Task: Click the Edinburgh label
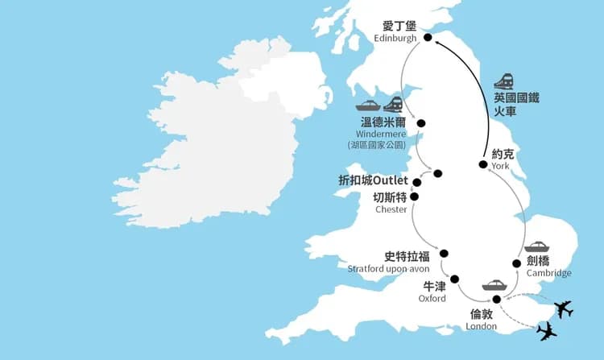click(395, 39)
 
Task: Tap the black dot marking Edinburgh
click(428, 37)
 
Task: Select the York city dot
click(482, 165)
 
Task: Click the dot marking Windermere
click(420, 123)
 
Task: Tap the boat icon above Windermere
click(368, 106)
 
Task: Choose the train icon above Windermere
click(393, 105)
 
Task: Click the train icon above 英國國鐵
click(505, 80)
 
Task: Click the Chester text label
click(391, 209)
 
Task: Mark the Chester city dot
click(415, 196)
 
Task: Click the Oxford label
click(432, 298)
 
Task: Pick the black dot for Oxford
click(455, 279)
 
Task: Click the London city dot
click(496, 300)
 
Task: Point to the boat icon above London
click(494, 285)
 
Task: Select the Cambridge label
click(549, 273)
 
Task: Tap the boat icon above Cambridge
click(536, 246)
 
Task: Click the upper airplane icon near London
click(564, 308)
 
